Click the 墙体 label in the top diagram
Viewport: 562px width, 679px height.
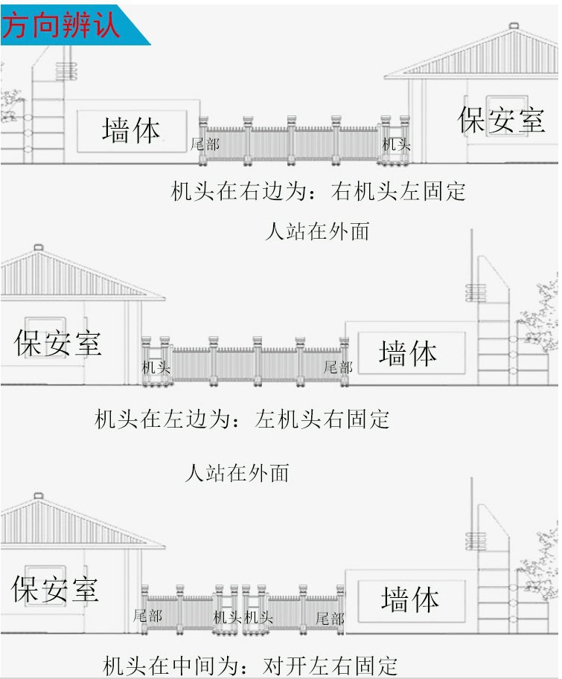pyautogui.click(x=131, y=130)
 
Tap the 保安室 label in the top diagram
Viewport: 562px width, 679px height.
pyautogui.click(x=501, y=119)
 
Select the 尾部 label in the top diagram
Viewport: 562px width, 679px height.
pyautogui.click(x=205, y=144)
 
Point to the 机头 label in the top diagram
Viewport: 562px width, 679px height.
pyautogui.click(x=396, y=144)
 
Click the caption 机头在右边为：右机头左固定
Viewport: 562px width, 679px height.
pyautogui.click(x=319, y=191)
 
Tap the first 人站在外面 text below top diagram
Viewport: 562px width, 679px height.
pyautogui.click(x=318, y=231)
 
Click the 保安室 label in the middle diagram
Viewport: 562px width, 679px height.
pyautogui.click(x=58, y=343)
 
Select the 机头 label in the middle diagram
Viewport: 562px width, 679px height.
pyautogui.click(x=156, y=367)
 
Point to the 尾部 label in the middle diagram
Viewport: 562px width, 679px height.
pyautogui.click(x=338, y=367)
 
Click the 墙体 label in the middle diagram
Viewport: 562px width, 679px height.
pyautogui.click(x=408, y=353)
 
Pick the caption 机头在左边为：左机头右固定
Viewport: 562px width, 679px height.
pyautogui.click(x=242, y=419)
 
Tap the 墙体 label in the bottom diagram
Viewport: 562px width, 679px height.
pyautogui.click(x=409, y=599)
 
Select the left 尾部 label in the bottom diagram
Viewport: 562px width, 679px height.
pyautogui.click(x=147, y=616)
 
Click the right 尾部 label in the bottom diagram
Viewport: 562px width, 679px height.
pyautogui.click(x=330, y=618)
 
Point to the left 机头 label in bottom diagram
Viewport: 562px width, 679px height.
pyautogui.click(x=227, y=617)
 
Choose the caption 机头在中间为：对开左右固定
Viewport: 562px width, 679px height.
pyautogui.click(x=250, y=665)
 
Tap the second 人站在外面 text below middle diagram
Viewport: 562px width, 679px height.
pyautogui.click(x=237, y=472)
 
